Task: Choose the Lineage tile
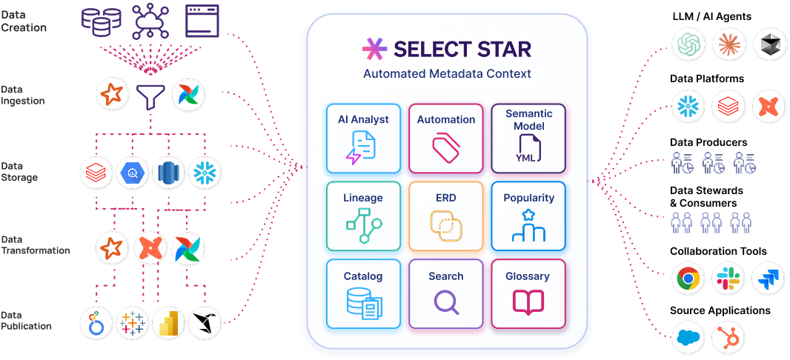click(x=363, y=216)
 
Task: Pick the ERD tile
click(x=445, y=216)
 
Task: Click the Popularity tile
click(x=528, y=216)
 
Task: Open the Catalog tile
click(x=363, y=293)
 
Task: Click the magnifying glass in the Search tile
click(x=446, y=302)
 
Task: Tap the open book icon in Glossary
click(x=528, y=301)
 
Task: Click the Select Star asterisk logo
click(x=374, y=50)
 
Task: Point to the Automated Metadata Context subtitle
click(x=447, y=74)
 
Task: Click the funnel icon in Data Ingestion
click(x=150, y=95)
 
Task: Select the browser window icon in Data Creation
click(x=202, y=21)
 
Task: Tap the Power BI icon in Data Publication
click(x=168, y=322)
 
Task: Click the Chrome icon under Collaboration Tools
click(x=688, y=279)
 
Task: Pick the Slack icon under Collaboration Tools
click(x=728, y=279)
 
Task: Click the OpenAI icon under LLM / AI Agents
click(x=688, y=45)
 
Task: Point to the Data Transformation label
click(x=36, y=245)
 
